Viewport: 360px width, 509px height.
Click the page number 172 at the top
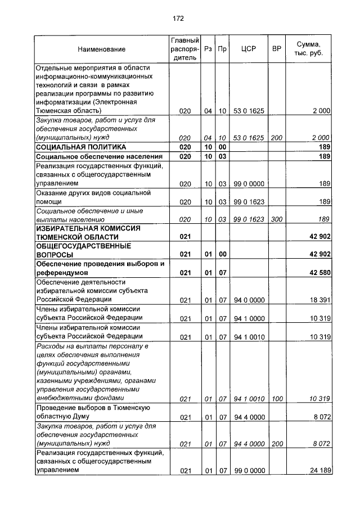tap(178, 19)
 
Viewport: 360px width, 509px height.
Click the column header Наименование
tap(102, 49)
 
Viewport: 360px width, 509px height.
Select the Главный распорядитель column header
tap(184, 49)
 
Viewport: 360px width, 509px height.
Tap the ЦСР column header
tap(248, 49)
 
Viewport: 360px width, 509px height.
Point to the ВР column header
tap(276, 49)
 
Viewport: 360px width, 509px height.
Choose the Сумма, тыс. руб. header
tap(309, 49)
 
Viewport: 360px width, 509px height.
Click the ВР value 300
tap(276, 219)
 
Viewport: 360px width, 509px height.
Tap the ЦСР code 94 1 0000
tap(248, 318)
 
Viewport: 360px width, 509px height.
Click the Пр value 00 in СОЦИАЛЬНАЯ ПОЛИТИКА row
tap(222, 147)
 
